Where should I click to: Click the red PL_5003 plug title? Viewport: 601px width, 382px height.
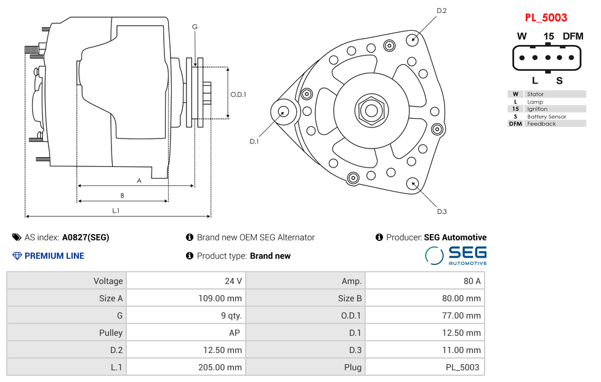tap(546, 18)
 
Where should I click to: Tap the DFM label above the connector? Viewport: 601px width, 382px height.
tap(572, 36)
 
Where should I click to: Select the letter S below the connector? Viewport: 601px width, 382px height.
tap(559, 80)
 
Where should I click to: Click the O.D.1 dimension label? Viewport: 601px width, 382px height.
tap(238, 94)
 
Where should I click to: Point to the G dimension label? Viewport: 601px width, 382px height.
tap(195, 26)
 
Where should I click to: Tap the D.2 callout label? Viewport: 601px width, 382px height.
tap(442, 10)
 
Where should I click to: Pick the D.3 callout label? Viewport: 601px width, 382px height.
tap(442, 211)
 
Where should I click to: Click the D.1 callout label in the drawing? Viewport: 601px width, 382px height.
tap(254, 141)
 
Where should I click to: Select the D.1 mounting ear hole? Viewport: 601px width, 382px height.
tap(284, 112)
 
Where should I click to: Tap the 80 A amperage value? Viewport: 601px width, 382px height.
tap(472, 281)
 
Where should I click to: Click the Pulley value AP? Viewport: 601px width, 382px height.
tap(235, 333)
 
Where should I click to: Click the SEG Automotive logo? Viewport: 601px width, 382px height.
tap(456, 255)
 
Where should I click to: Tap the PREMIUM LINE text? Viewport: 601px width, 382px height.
tap(54, 256)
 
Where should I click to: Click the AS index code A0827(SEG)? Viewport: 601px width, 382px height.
tap(86, 237)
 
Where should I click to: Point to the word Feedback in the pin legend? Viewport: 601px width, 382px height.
tap(541, 124)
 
